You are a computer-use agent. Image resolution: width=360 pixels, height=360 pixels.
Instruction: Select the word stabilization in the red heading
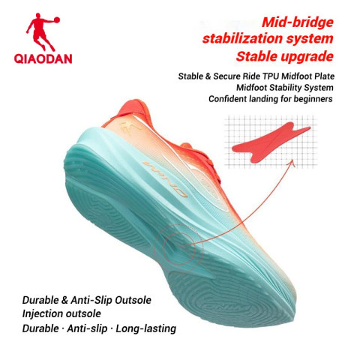click(x=253, y=37)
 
